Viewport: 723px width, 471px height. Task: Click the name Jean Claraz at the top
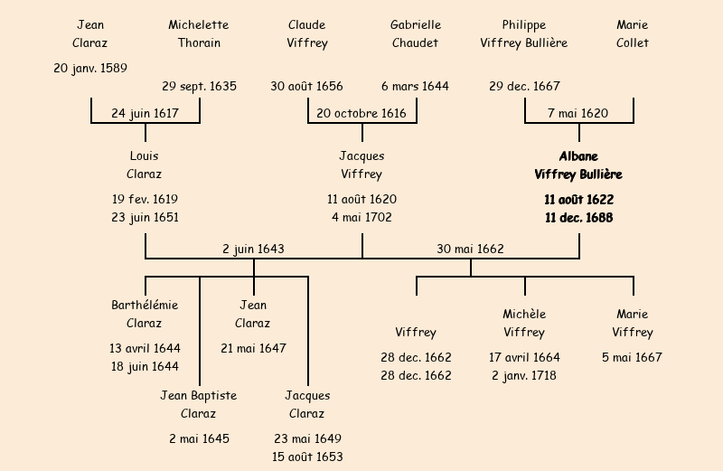pos(90,33)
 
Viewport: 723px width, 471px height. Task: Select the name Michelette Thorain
pos(199,33)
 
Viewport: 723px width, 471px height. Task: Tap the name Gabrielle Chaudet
pos(416,33)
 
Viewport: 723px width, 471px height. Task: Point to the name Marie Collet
pos(633,33)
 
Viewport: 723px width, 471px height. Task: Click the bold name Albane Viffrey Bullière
pos(578,165)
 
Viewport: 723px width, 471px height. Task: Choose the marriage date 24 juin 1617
pos(145,114)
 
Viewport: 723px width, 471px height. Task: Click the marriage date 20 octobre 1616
pos(361,114)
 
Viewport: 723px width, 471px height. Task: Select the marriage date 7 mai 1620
pos(578,114)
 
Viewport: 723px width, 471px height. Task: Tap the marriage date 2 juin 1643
pos(254,249)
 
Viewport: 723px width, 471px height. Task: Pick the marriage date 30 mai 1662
pos(470,249)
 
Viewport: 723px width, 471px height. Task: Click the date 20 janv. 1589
pos(90,68)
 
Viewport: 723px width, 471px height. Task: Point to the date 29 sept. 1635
pos(199,87)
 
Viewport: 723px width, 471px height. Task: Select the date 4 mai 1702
pos(361,218)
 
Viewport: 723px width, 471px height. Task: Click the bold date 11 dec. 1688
pos(578,218)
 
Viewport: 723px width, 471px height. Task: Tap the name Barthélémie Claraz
pos(145,314)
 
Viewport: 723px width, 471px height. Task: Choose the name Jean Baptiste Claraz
pos(199,404)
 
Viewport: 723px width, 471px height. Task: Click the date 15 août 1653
pos(307,457)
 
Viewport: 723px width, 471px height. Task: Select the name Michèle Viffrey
pos(524,323)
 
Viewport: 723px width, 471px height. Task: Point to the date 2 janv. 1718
pos(524,376)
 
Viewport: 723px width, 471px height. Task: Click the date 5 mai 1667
pos(633,357)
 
